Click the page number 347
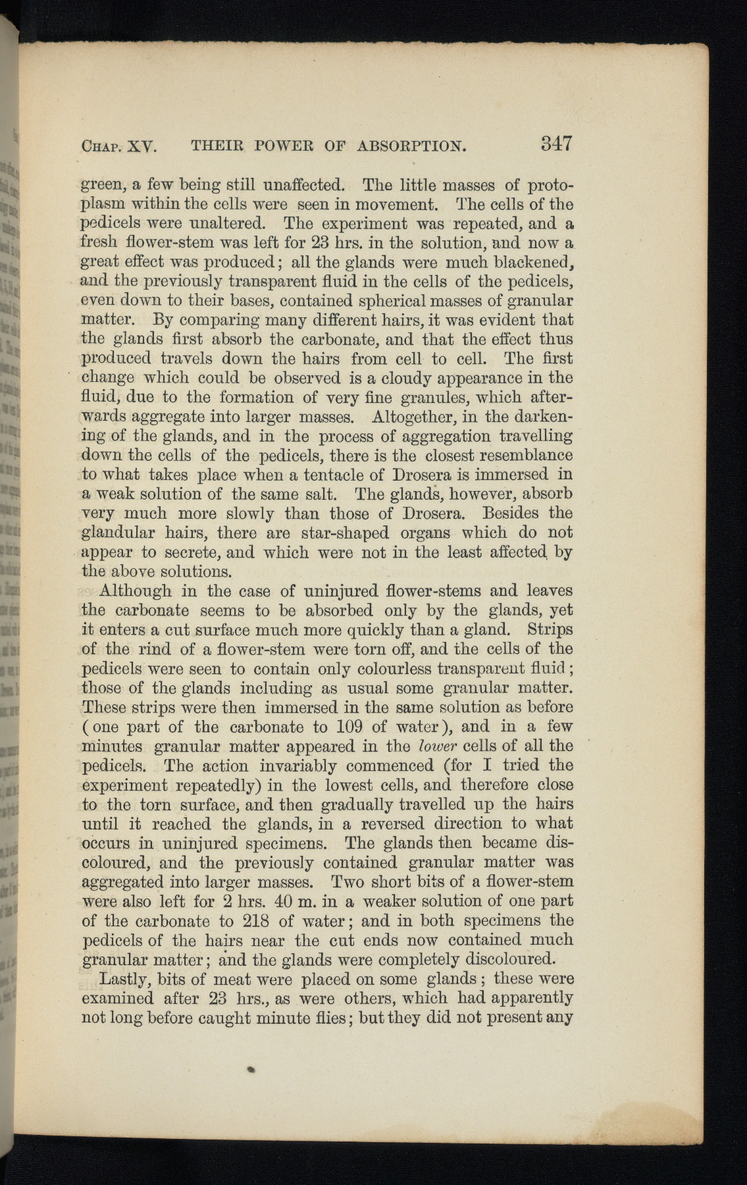(x=555, y=144)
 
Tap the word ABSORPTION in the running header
(x=411, y=145)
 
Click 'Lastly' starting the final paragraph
(x=124, y=979)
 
